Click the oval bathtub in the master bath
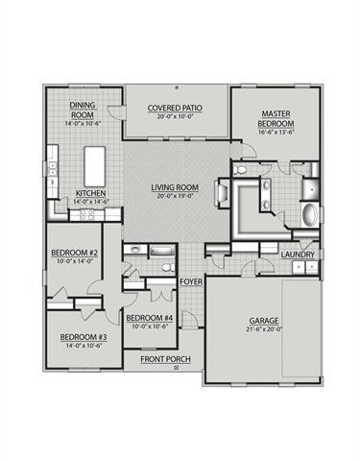(x=310, y=212)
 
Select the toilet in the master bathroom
(x=241, y=172)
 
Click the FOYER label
(x=190, y=281)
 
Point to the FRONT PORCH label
(x=166, y=359)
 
